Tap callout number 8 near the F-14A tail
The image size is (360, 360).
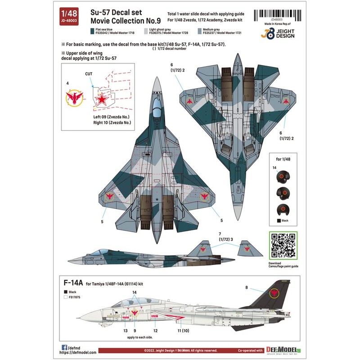pos(246,287)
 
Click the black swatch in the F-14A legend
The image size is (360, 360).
pos(67,292)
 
